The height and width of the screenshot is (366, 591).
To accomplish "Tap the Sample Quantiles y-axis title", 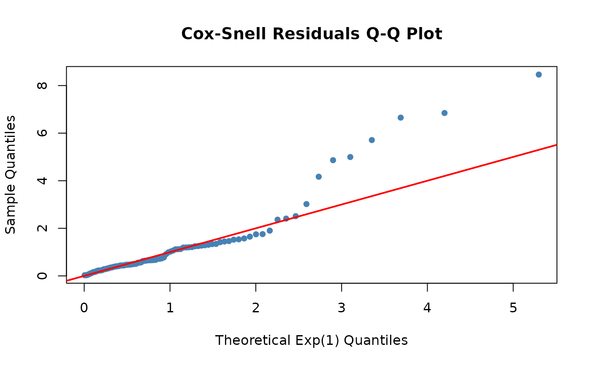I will [11, 174].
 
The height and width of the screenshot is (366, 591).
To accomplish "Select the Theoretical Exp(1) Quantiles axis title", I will [311, 340].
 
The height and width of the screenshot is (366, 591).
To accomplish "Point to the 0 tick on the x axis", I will [84, 308].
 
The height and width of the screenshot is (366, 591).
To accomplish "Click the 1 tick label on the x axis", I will [170, 308].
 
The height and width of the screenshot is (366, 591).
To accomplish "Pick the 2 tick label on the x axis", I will [256, 308].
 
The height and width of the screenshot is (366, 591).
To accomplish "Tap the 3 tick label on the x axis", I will [342, 308].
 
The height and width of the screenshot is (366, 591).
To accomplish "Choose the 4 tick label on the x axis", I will [427, 308].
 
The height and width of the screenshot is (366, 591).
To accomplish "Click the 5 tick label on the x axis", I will [513, 308].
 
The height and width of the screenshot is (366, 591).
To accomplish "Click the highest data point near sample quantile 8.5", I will [539, 74].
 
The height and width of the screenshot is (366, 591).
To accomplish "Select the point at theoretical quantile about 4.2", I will [444, 113].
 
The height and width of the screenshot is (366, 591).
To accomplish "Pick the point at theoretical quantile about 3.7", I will [401, 117].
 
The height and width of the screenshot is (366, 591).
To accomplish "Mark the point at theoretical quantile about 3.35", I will [372, 140].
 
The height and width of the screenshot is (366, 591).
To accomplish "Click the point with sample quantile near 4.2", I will [319, 177].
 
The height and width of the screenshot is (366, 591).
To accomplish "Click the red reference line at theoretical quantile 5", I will [513, 157].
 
